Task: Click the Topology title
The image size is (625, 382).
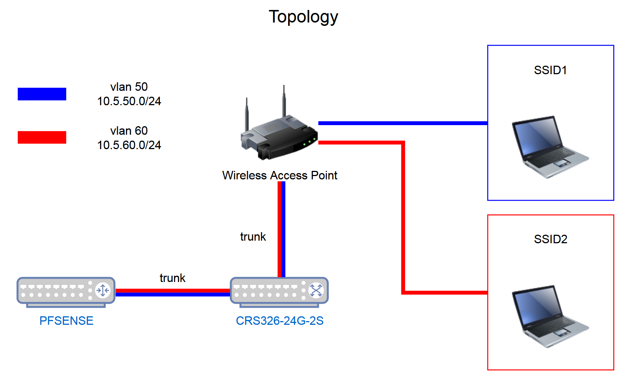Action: (x=303, y=17)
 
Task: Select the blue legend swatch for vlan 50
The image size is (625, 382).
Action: (x=42, y=94)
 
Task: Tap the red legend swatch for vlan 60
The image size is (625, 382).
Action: (x=42, y=137)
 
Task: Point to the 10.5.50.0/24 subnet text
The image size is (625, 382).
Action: (x=129, y=101)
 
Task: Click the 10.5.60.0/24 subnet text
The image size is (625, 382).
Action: (x=129, y=145)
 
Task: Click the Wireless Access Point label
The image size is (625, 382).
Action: (x=280, y=175)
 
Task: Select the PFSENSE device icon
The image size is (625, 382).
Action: (x=66, y=291)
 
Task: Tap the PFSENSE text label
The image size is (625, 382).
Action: (x=66, y=321)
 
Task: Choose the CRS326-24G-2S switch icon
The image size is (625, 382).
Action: (x=279, y=291)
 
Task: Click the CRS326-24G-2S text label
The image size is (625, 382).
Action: (x=280, y=321)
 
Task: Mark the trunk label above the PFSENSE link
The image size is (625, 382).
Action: (x=173, y=278)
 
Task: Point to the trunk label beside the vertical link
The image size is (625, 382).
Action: (x=253, y=237)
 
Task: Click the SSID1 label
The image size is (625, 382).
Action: (x=550, y=70)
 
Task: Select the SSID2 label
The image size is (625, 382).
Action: (x=550, y=239)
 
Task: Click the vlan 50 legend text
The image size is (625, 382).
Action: (x=129, y=87)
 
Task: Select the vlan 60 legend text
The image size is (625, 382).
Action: (x=129, y=131)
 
